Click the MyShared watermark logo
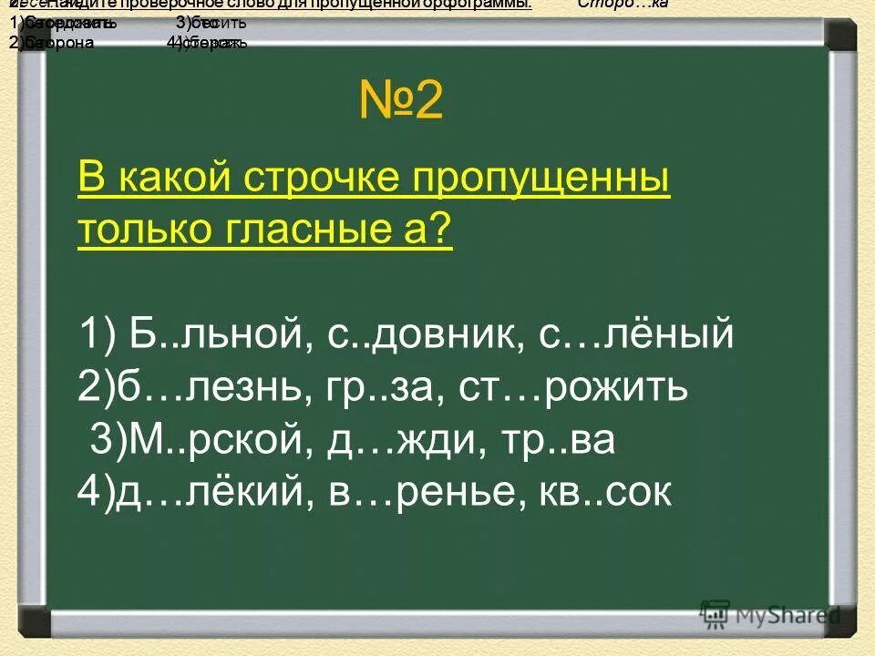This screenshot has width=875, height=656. (770, 614)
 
